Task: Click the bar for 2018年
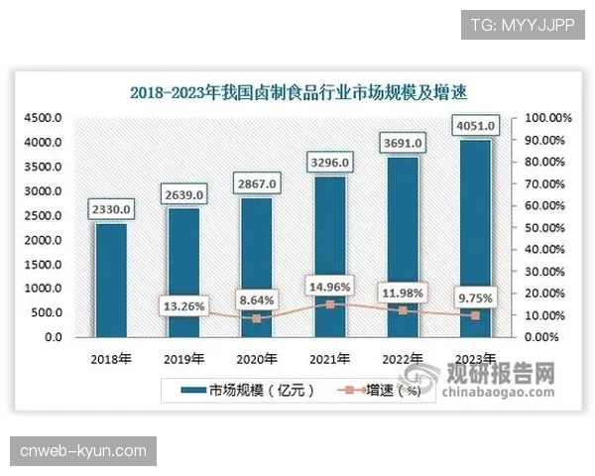[111, 280]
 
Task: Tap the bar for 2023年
[476, 238]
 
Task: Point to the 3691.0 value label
[403, 144]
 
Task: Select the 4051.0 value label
[476, 126]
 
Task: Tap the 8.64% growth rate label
[257, 298]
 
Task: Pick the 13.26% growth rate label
[184, 306]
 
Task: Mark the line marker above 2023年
[476, 315]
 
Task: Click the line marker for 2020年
[257, 318]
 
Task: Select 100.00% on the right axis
[548, 118]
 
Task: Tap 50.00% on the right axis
[546, 228]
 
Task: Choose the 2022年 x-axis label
[403, 358]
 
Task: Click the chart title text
[297, 92]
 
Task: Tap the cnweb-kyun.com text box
[82, 451]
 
